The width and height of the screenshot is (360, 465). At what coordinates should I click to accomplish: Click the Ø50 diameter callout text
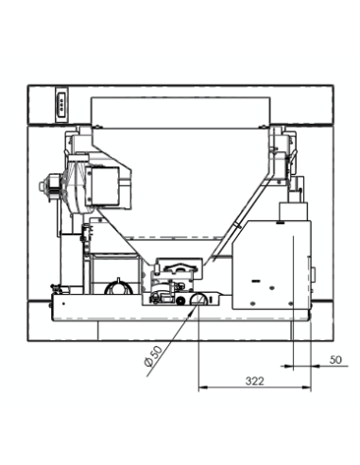pos(152,360)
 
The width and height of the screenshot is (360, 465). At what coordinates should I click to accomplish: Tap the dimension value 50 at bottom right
pos(334,360)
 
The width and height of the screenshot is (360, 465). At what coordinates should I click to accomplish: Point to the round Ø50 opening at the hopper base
pos(198,300)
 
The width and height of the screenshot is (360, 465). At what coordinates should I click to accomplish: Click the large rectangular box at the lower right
pos(274,267)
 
